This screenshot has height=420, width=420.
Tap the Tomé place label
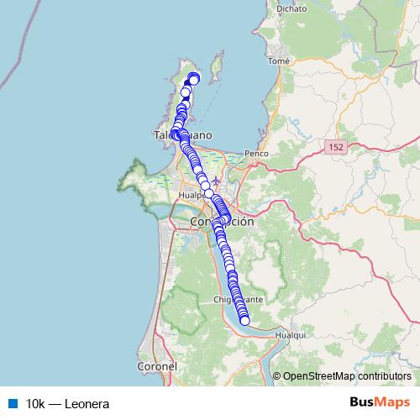(277, 60)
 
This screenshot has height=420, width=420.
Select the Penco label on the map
(255, 154)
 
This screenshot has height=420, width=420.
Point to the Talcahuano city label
(183, 135)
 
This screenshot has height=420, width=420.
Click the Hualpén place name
(186, 190)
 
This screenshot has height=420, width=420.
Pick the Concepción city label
(222, 222)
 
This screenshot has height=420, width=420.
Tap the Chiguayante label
(239, 299)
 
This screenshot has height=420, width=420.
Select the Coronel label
(158, 367)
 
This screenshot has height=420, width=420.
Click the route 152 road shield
(336, 147)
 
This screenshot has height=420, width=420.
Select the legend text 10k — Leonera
(68, 402)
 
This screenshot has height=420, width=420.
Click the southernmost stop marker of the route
(245, 320)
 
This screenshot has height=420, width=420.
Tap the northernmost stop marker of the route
(193, 77)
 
